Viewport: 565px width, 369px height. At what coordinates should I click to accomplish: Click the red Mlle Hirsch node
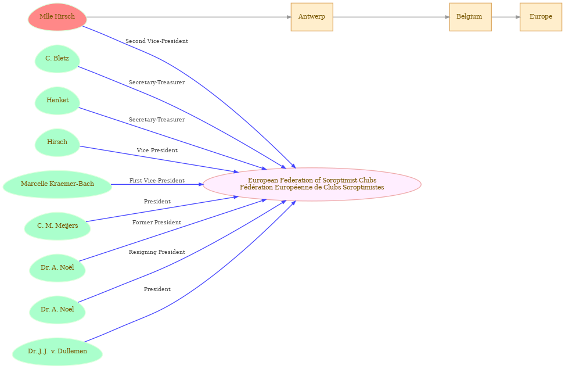point(57,17)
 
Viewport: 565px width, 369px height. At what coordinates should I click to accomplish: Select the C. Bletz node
point(57,59)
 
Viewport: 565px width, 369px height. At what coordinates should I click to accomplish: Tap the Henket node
point(57,101)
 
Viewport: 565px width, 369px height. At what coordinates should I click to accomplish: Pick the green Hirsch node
point(57,142)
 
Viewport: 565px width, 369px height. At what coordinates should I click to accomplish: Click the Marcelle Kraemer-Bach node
point(57,184)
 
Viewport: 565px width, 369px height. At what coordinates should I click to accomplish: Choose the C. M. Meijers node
point(57,226)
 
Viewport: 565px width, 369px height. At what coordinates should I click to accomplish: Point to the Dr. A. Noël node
point(57,268)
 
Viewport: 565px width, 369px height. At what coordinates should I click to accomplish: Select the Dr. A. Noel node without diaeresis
point(57,310)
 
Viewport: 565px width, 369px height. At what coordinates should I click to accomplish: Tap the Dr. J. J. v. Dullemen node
point(57,352)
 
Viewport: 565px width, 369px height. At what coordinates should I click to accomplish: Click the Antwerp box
point(311,17)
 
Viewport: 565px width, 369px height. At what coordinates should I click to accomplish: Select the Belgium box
point(469,17)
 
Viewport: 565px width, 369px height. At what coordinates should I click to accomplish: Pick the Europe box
point(540,17)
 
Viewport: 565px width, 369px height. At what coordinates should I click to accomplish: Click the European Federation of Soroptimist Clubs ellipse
point(312,184)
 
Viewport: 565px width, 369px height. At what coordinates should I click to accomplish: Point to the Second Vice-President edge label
point(156,41)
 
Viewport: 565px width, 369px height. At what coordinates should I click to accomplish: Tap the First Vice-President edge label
point(156,181)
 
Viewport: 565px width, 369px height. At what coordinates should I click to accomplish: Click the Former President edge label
point(156,223)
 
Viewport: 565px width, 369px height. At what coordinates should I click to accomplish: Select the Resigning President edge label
point(156,252)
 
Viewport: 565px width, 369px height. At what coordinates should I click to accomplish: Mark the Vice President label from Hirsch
point(157,151)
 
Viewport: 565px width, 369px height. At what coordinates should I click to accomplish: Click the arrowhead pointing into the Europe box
point(517,17)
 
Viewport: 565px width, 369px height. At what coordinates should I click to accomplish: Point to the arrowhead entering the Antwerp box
point(288,17)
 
